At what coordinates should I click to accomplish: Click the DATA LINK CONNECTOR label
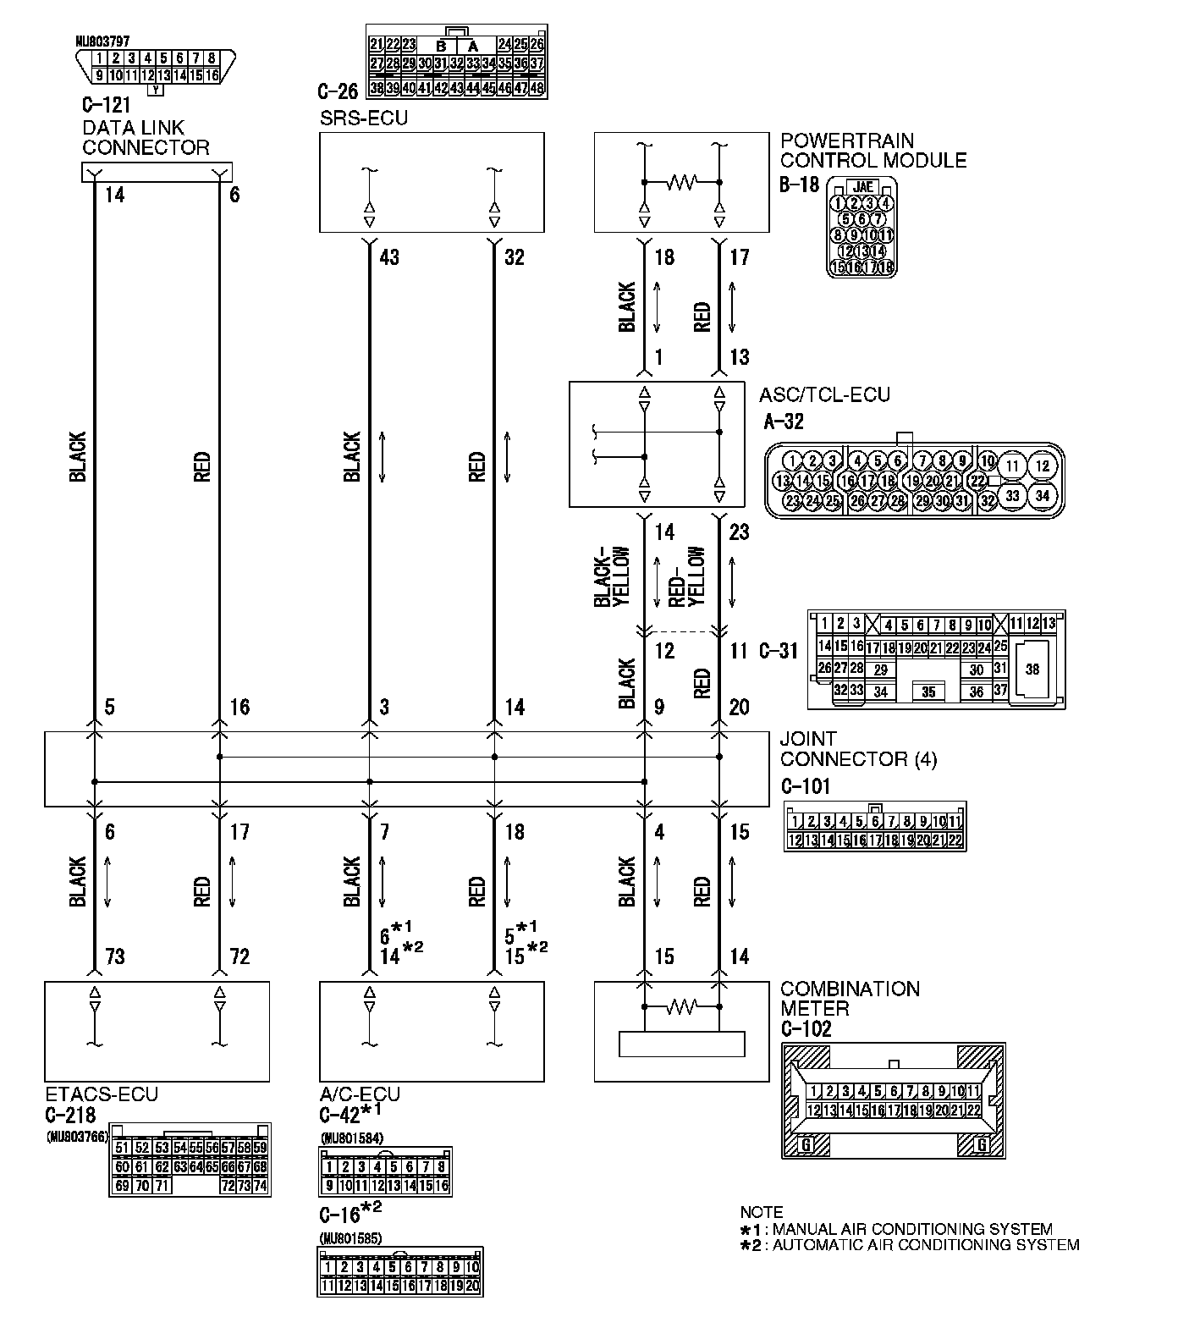146,138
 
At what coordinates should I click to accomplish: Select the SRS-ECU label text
363,118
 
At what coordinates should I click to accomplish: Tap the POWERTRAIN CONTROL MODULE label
873,150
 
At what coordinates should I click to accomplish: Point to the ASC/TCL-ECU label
825,394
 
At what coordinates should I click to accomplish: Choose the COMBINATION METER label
850,999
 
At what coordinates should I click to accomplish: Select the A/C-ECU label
360,1095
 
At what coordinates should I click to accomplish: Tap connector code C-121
107,107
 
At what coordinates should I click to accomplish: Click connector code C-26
338,91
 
